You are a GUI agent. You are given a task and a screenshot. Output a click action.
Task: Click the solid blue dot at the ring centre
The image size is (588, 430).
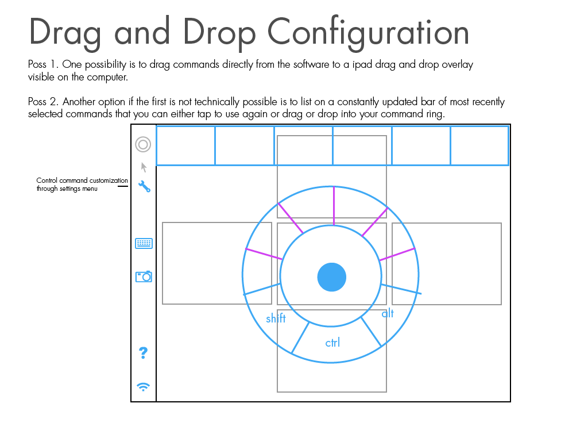pos(332,277)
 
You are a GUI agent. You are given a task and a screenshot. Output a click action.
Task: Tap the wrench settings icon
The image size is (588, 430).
pos(144,186)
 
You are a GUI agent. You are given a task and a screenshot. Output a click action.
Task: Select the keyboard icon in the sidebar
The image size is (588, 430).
pos(144,244)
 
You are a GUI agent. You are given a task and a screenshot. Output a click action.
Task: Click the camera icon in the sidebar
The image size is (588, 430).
pos(144,277)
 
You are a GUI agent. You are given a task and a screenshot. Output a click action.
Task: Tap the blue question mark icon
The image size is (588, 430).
pos(144,353)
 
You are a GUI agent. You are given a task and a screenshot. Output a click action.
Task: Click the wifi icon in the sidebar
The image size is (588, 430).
pos(144,386)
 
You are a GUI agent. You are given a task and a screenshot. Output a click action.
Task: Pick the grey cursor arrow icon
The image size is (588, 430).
pos(144,167)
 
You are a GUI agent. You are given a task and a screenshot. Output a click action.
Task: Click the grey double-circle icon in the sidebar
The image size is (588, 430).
pos(143,144)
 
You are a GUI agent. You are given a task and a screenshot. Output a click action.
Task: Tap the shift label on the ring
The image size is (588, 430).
pos(276,318)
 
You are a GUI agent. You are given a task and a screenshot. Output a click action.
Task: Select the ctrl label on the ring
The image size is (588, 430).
pos(332,343)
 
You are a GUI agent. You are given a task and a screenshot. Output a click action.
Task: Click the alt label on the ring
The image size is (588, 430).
pos(388,313)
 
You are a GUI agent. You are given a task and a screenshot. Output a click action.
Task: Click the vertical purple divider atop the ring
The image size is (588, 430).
pos(334,205)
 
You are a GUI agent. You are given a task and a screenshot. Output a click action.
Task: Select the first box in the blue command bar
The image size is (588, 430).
pos(185,145)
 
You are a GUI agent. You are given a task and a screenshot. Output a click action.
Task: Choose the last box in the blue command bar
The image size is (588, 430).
pos(479,145)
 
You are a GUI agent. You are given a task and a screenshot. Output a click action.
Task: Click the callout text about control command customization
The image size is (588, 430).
pos(82,185)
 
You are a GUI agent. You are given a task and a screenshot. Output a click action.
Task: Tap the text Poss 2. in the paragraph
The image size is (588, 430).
pos(44,102)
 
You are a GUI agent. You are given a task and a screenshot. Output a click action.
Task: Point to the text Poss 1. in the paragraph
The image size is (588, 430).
pos(43,64)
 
